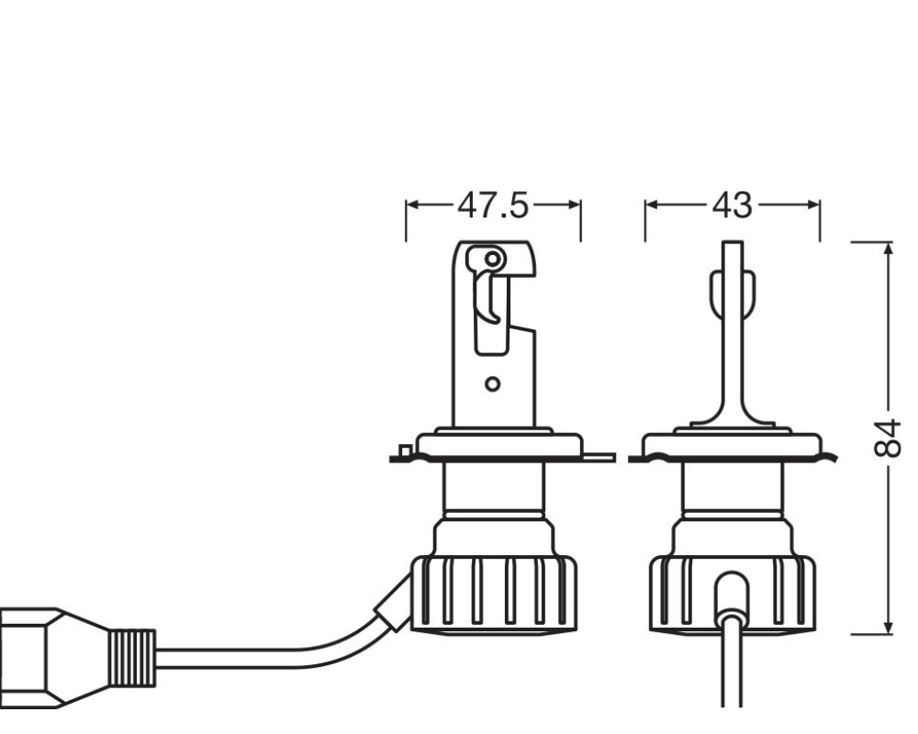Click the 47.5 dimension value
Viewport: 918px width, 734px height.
492,206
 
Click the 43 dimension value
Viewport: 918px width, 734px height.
732,206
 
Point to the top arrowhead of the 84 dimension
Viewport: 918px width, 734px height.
890,248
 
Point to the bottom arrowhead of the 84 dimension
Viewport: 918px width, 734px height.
890,627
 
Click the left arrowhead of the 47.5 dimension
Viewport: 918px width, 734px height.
413,205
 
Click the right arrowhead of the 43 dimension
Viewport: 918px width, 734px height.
813,205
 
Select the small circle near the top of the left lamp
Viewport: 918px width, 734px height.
493,258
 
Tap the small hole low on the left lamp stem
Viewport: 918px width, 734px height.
493,384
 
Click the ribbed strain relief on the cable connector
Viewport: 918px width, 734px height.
132,658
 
